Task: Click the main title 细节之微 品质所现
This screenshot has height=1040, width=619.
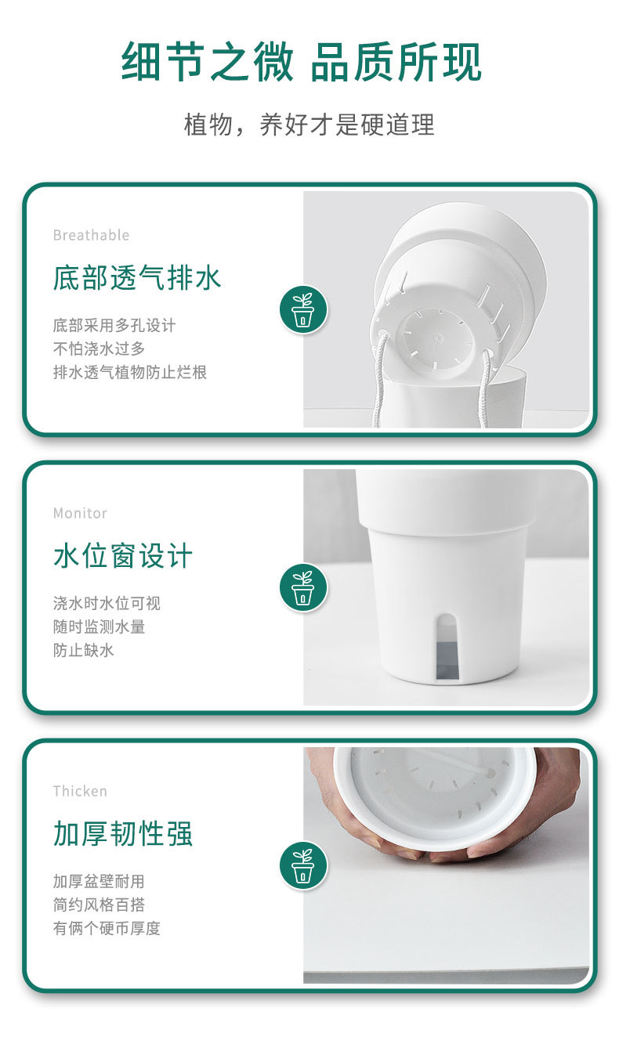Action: click(x=302, y=63)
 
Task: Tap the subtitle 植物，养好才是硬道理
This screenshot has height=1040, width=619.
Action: click(x=309, y=125)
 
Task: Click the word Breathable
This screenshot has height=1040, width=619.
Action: click(x=91, y=235)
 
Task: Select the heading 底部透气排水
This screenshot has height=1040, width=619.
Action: click(x=137, y=278)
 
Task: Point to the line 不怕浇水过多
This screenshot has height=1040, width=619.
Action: click(x=99, y=348)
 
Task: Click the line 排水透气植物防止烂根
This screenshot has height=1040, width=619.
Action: click(x=129, y=372)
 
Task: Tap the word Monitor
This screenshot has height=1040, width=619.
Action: click(x=80, y=513)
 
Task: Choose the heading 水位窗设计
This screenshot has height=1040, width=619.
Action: click(x=122, y=556)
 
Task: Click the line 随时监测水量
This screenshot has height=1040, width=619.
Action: click(x=99, y=627)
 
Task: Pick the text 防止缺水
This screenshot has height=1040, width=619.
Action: click(x=83, y=650)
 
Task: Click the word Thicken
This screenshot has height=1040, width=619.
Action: click(x=80, y=791)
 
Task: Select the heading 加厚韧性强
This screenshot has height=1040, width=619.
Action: click(x=122, y=834)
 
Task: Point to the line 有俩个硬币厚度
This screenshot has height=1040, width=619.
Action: click(x=107, y=928)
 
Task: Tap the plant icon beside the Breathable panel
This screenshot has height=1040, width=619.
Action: click(x=303, y=309)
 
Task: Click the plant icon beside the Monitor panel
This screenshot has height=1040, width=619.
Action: click(x=303, y=587)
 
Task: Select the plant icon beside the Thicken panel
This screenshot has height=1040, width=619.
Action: click(x=303, y=865)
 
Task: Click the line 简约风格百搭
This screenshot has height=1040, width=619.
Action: click(x=99, y=905)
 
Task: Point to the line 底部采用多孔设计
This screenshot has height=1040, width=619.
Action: click(x=114, y=325)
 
